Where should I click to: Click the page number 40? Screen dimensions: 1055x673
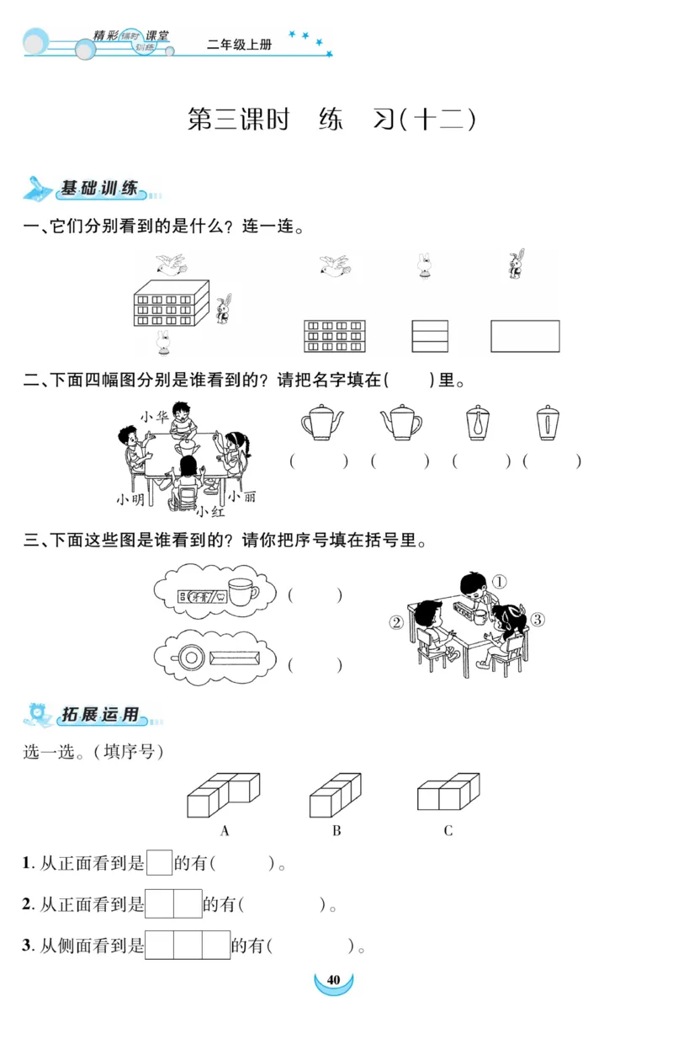(333, 980)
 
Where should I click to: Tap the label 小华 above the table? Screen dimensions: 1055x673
(155, 416)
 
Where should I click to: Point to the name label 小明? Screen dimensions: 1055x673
(130, 499)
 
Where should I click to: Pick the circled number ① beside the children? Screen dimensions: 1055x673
(499, 582)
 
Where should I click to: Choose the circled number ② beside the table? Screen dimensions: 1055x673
(396, 623)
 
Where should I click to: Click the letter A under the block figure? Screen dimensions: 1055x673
(225, 831)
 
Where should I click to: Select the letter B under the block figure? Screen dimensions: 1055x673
(336, 831)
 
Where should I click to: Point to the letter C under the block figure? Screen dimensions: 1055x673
(448, 831)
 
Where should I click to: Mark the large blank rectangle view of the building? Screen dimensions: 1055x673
(525, 336)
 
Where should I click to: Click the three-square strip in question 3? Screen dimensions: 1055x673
(188, 945)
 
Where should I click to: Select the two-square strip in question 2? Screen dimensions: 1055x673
(173, 903)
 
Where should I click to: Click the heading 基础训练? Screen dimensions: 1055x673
(99, 189)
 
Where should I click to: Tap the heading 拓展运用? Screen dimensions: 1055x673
(99, 716)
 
